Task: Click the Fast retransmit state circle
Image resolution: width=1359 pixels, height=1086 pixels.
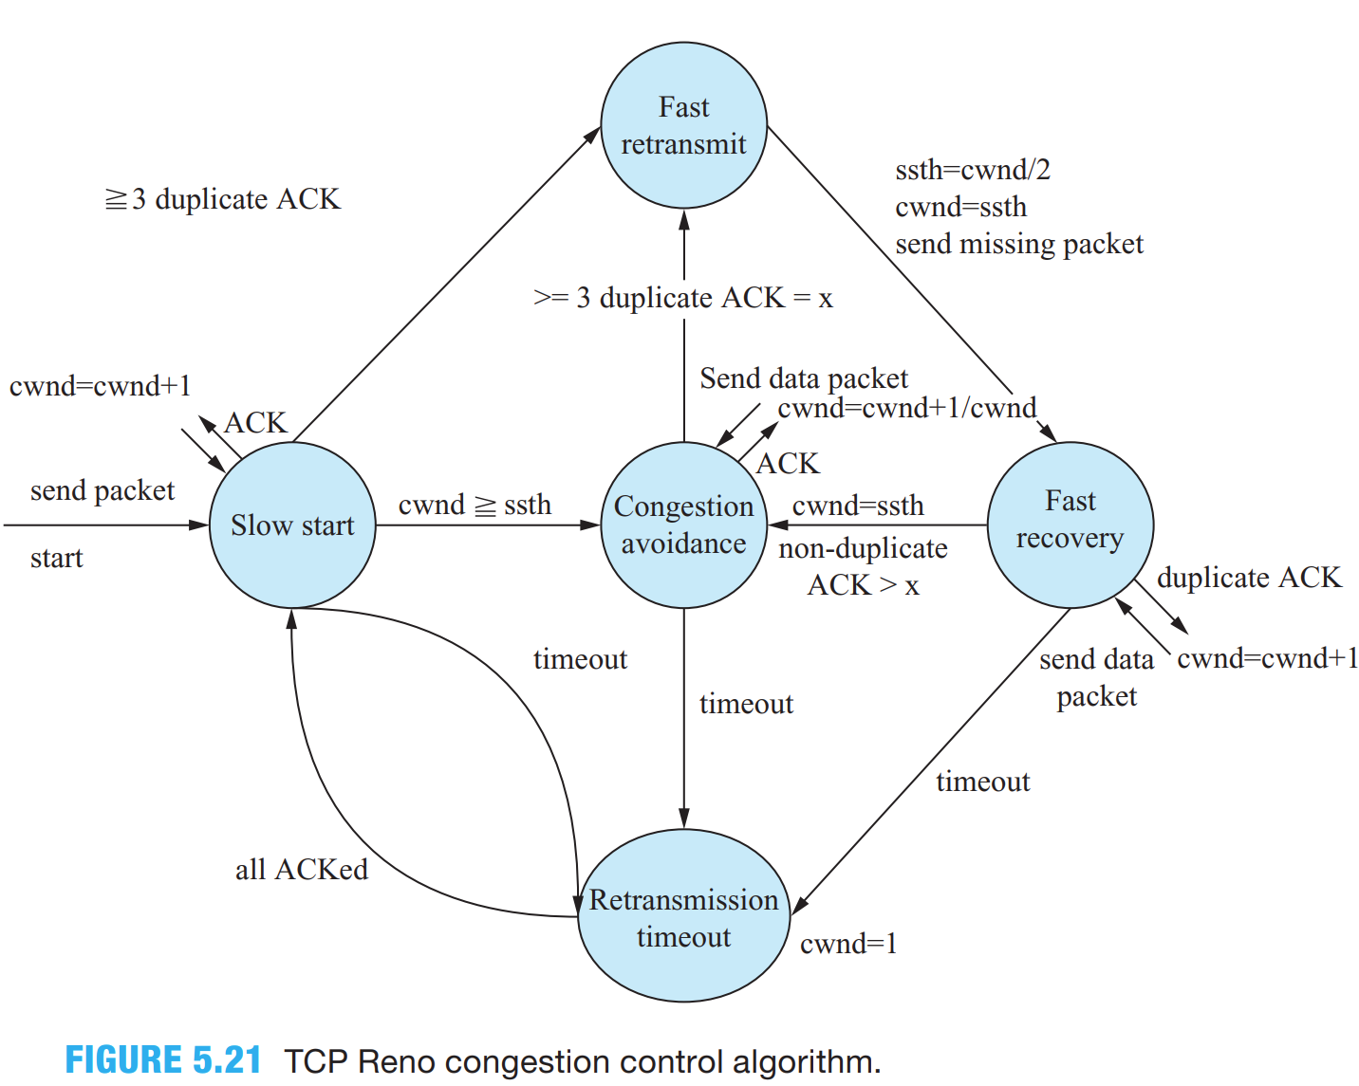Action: click(x=683, y=125)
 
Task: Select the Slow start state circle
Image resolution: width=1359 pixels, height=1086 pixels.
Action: click(x=292, y=525)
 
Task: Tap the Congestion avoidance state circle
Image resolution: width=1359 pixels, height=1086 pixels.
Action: click(x=683, y=525)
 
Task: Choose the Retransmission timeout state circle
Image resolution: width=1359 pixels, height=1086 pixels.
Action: click(x=683, y=916)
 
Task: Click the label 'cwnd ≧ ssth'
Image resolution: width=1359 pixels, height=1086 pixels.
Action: click(x=475, y=506)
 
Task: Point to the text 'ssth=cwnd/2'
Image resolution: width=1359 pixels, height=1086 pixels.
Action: click(x=973, y=170)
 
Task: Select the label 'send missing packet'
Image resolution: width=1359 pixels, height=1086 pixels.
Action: click(x=1019, y=245)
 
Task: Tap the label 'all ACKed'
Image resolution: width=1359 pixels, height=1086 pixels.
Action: click(x=302, y=870)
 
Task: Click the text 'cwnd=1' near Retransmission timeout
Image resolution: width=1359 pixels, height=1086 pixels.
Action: click(x=848, y=944)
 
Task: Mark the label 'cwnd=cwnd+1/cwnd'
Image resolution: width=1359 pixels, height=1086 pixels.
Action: click(x=906, y=409)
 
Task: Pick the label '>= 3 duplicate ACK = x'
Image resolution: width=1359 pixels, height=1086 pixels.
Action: click(x=683, y=299)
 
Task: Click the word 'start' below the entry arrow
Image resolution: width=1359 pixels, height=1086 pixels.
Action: click(x=57, y=559)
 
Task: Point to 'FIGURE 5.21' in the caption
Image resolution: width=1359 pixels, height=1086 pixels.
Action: click(x=163, y=1060)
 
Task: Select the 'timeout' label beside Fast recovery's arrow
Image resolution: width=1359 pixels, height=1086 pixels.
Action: click(x=982, y=782)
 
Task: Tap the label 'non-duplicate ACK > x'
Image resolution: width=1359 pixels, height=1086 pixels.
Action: click(x=863, y=567)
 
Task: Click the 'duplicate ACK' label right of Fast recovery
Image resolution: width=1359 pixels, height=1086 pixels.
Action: click(x=1249, y=578)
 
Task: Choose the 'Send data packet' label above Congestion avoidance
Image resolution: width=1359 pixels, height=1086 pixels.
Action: click(x=804, y=379)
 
